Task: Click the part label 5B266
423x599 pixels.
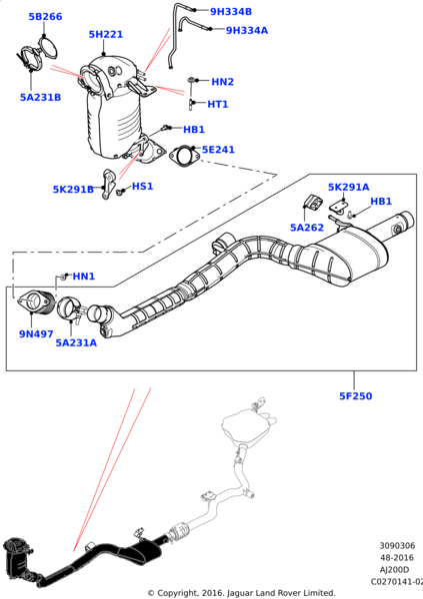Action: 44,17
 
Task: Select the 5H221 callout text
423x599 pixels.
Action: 105,35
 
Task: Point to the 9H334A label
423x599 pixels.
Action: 246,31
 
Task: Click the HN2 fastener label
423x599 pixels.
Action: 222,82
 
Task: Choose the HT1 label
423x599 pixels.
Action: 218,104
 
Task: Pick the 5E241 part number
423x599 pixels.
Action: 218,150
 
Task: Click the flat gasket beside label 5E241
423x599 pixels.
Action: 183,156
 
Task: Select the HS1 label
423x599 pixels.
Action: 142,186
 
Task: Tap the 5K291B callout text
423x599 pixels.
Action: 73,189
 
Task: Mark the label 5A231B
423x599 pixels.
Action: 40,98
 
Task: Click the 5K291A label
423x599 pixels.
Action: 348,187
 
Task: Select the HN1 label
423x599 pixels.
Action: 83,277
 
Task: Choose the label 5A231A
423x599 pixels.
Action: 76,342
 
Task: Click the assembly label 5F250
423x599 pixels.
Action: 354,396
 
